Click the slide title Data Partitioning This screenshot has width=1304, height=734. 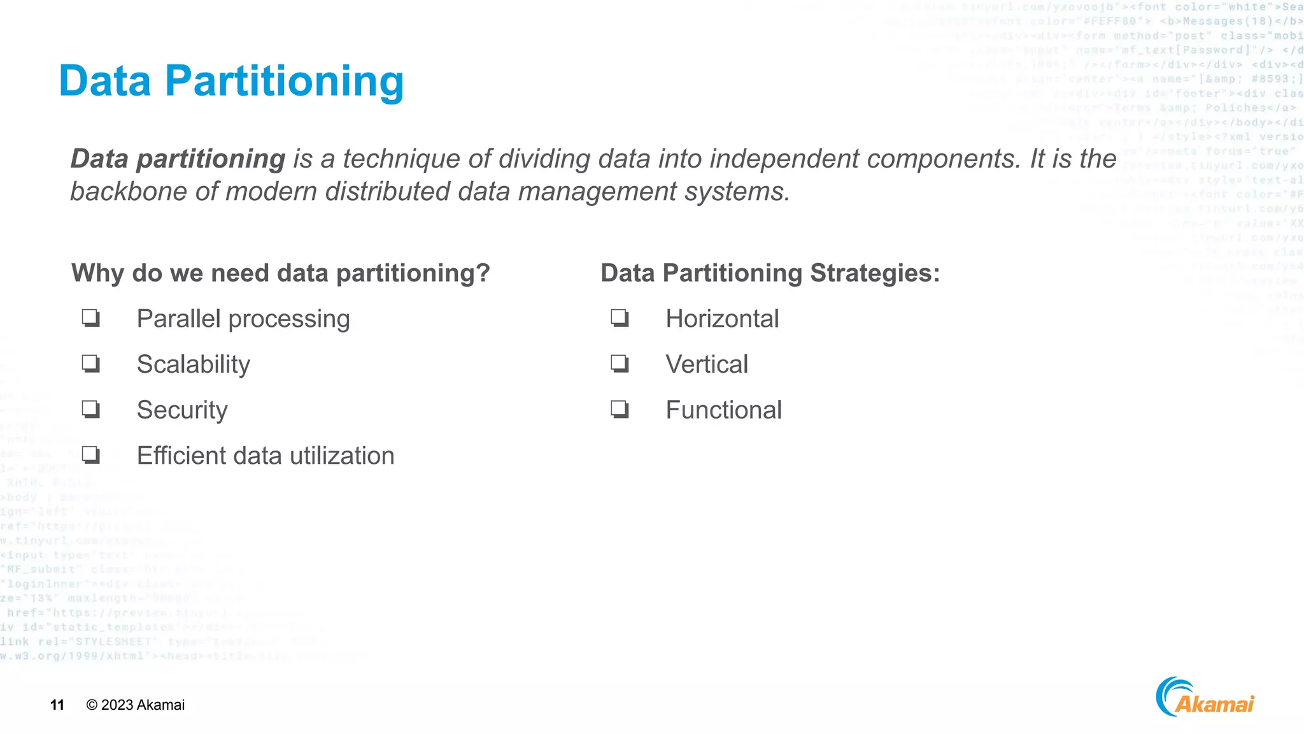click(x=231, y=82)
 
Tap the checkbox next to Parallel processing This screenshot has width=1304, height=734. click(x=91, y=317)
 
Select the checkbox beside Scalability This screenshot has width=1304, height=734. click(x=91, y=363)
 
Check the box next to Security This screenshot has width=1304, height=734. click(x=91, y=408)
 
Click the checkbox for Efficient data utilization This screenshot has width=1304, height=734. click(x=91, y=454)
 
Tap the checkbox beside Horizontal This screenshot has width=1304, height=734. click(x=620, y=317)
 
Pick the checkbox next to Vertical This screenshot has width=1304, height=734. click(x=620, y=363)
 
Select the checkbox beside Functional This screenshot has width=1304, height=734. click(x=620, y=408)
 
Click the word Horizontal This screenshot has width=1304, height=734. click(x=722, y=319)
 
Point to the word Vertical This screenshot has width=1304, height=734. click(x=707, y=364)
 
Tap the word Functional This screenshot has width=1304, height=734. click(x=723, y=410)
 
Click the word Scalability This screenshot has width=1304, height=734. click(x=194, y=364)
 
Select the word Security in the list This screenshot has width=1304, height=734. click(x=182, y=410)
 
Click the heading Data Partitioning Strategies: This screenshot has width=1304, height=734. click(x=770, y=273)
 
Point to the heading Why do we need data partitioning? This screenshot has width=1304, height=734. click(x=281, y=273)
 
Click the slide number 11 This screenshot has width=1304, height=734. click(x=57, y=705)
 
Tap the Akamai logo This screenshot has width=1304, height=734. click(x=1205, y=698)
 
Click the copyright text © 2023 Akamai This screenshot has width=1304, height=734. click(x=136, y=705)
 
